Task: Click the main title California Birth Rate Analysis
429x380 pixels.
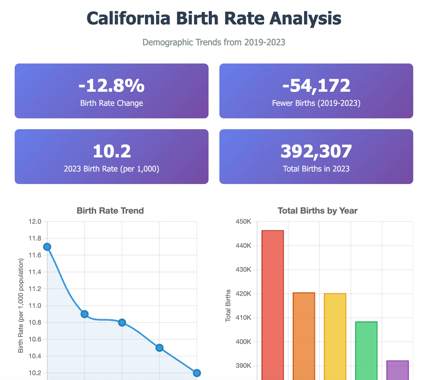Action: [214, 18]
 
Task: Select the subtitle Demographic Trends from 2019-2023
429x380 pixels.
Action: [214, 43]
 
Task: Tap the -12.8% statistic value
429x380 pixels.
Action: [112, 85]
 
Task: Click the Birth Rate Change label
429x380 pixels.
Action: [112, 103]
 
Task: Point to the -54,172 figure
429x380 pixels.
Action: [316, 85]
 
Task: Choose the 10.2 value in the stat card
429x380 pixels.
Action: [112, 151]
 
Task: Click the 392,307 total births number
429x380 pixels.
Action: [316, 151]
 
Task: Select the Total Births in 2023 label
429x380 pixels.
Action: [316, 169]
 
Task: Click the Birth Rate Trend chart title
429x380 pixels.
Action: [110, 211]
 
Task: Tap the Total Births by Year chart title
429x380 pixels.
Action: [317, 211]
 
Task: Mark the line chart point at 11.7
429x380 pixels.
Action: [47, 247]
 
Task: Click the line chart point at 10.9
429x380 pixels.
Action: [84, 314]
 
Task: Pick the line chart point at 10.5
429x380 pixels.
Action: [159, 348]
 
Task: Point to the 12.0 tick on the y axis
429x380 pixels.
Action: [35, 222]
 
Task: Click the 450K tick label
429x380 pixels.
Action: [244, 222]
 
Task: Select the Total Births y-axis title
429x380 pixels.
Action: [228, 305]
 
